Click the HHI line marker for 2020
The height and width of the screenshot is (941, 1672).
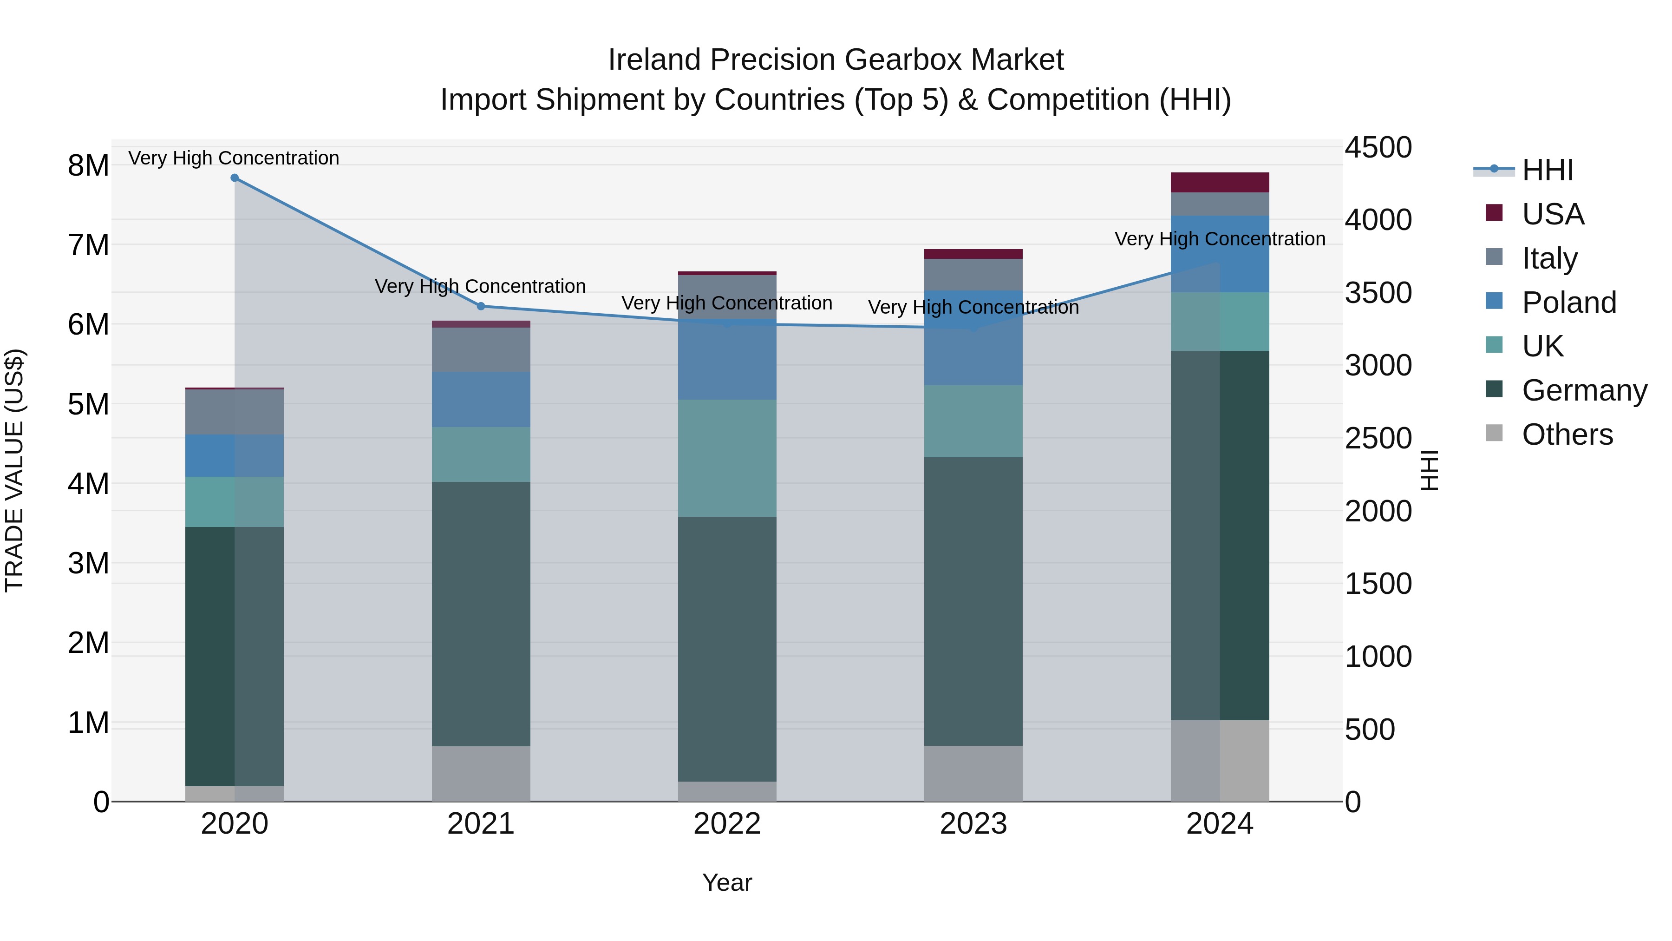click(235, 178)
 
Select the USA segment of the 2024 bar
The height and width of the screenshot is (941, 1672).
click(1220, 183)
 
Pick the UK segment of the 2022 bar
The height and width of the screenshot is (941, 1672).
click(727, 458)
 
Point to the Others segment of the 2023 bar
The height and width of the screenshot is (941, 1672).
click(973, 773)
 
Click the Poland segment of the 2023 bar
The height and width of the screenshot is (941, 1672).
click(973, 338)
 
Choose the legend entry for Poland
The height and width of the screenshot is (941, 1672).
click(1568, 303)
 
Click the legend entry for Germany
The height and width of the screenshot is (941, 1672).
click(1584, 391)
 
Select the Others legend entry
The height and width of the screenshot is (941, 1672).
click(1567, 434)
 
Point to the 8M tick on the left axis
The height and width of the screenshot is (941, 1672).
click(88, 165)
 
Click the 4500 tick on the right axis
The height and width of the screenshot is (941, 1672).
click(1378, 147)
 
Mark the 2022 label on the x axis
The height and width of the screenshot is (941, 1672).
click(727, 824)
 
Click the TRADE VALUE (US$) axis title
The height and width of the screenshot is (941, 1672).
click(14, 470)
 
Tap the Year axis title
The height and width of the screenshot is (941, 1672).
click(727, 882)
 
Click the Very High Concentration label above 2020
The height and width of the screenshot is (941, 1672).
click(234, 158)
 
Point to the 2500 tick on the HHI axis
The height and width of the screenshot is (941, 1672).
click(1378, 438)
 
